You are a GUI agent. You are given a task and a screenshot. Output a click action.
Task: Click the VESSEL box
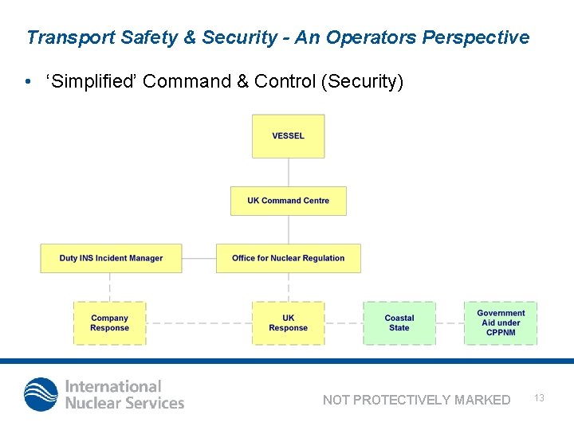[x=288, y=136]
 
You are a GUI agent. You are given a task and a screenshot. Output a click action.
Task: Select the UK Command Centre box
[x=288, y=201]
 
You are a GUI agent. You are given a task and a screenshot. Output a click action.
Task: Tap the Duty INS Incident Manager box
[x=111, y=258]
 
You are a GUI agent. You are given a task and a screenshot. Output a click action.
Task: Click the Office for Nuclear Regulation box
[x=288, y=258]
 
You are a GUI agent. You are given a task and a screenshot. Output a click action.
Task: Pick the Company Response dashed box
[x=110, y=322]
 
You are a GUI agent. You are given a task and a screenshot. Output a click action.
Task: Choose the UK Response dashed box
[x=288, y=322]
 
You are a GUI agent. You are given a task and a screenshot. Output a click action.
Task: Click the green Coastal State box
[x=399, y=322]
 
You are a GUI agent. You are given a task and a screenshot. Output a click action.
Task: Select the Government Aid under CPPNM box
[x=501, y=322]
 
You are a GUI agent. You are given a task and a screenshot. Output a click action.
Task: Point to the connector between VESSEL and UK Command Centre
[x=288, y=172]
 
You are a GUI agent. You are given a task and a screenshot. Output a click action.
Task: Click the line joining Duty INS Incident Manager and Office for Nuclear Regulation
[x=199, y=258]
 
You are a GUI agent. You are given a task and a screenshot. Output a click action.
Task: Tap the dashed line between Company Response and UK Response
[x=199, y=323]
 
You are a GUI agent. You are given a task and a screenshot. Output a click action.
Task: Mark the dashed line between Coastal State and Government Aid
[x=450, y=323]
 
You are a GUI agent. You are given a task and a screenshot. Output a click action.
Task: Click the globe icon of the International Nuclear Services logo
[x=41, y=394]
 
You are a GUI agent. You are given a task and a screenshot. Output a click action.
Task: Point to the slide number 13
[x=539, y=397]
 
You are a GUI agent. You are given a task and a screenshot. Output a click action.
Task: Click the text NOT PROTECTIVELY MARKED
[x=416, y=400]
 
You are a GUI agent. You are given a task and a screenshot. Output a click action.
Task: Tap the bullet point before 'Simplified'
[x=28, y=83]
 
